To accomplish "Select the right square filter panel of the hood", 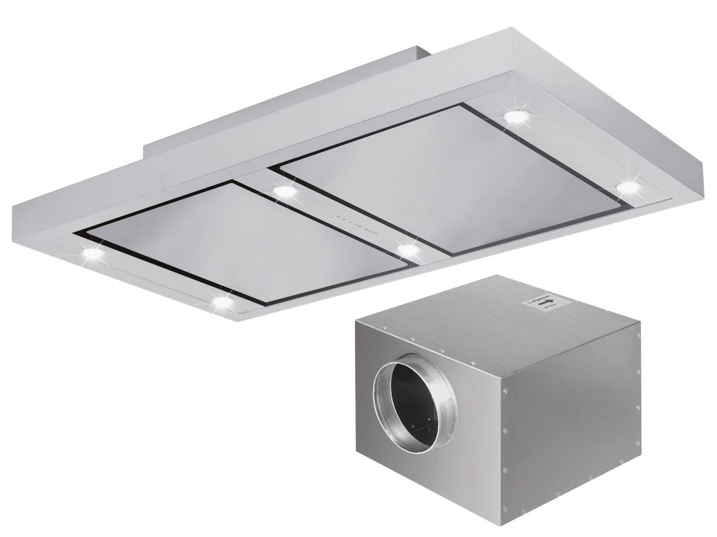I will tap(449, 181).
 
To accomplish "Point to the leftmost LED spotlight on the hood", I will tap(93, 254).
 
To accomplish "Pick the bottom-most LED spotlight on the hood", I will tap(221, 303).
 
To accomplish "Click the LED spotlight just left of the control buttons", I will tap(285, 192).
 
